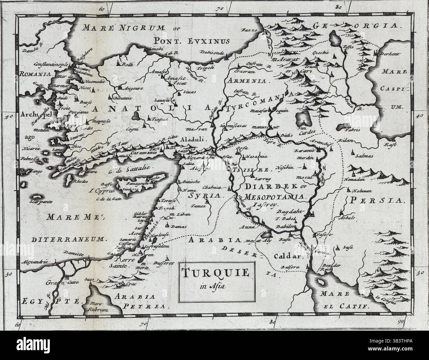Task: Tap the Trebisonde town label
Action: [x=211, y=52]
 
